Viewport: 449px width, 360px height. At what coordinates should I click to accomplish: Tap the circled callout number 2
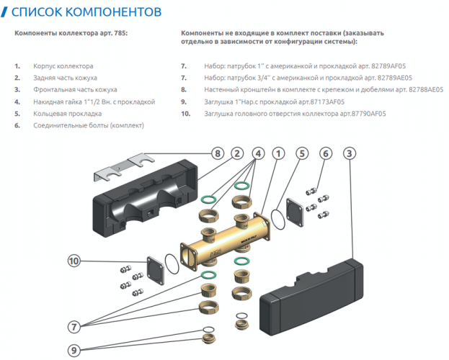[236, 153]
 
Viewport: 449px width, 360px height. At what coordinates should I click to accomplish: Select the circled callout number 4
[258, 153]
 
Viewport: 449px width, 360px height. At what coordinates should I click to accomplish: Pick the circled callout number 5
[303, 153]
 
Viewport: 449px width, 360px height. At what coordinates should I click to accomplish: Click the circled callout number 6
[326, 153]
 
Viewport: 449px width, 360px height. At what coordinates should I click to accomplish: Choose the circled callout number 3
[349, 153]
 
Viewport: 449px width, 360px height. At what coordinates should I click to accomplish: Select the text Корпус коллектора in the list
[63, 66]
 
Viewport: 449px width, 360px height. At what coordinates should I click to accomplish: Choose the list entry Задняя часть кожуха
[65, 77]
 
